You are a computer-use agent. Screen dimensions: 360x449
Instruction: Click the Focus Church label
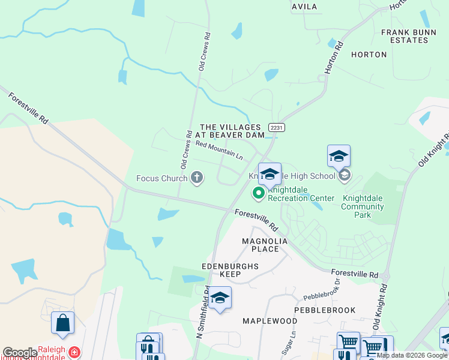[161, 178]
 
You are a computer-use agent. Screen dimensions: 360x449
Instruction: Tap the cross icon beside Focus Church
[196, 177]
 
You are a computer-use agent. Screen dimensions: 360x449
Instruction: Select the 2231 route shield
[277, 127]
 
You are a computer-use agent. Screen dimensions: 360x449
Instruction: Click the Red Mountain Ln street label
[218, 149]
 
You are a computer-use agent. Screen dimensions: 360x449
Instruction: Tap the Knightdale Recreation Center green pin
[259, 193]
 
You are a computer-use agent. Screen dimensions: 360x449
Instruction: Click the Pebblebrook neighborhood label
[325, 310]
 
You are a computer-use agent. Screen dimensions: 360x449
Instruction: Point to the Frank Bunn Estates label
[413, 35]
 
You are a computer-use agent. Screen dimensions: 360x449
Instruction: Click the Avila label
[304, 7]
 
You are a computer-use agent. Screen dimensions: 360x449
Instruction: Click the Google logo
[20, 353]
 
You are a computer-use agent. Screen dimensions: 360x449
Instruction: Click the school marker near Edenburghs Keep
[220, 298]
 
